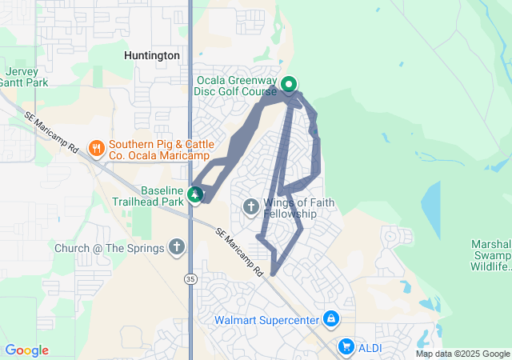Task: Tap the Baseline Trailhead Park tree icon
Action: point(194,194)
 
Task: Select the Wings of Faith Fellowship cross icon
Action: point(250,208)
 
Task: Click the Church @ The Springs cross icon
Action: point(177,248)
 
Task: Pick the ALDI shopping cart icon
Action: point(346,346)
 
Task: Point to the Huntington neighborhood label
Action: point(152,56)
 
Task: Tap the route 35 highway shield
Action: point(190,278)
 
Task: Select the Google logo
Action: point(26,350)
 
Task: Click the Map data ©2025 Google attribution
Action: point(462,354)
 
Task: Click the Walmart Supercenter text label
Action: point(266,320)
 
